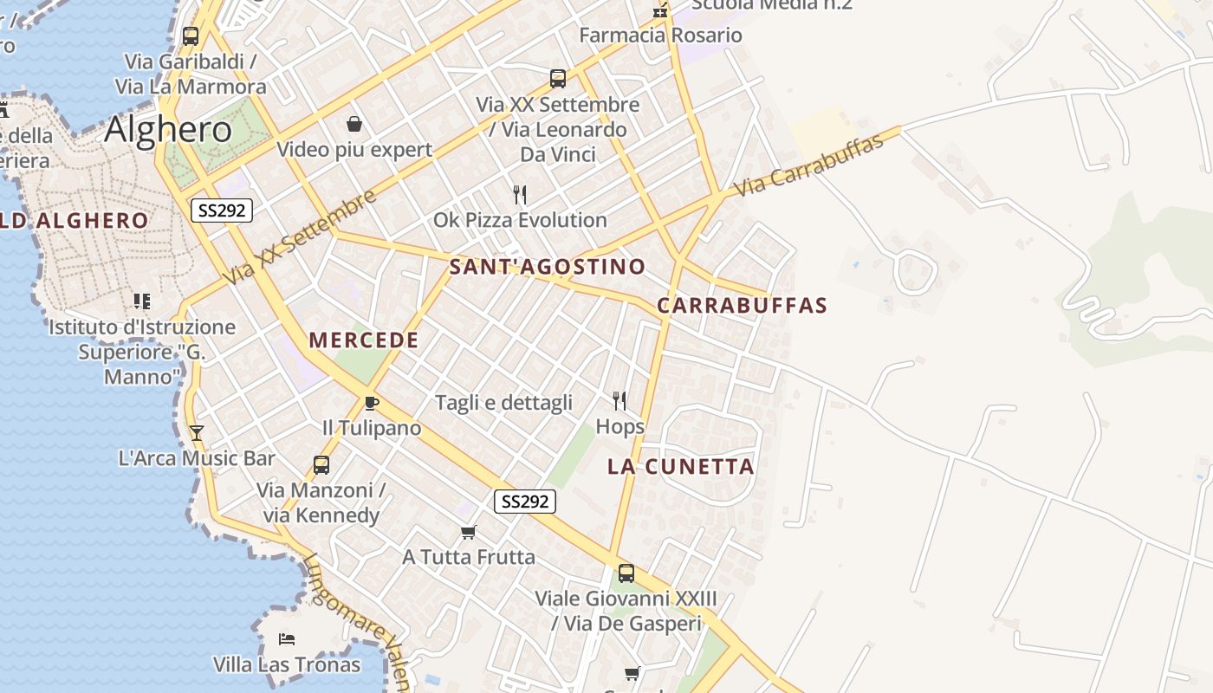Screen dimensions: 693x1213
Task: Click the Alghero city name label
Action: point(168,129)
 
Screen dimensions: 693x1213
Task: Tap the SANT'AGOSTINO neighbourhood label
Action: point(548,267)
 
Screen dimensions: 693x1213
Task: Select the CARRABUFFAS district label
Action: point(742,306)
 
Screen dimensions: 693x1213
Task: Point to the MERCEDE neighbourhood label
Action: point(364,340)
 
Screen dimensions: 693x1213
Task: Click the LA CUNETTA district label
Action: point(681,467)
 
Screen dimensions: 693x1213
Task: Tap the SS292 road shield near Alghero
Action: point(222,210)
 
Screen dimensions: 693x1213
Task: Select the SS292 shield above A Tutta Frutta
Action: point(526,501)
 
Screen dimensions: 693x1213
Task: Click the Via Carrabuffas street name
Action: point(808,165)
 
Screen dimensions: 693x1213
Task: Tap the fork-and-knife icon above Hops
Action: point(619,400)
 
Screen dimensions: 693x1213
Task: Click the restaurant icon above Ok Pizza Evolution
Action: point(520,194)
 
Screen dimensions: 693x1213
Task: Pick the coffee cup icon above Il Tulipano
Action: point(371,403)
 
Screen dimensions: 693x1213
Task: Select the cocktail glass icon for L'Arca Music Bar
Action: point(197,432)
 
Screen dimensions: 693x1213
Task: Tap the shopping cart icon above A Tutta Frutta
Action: point(469,532)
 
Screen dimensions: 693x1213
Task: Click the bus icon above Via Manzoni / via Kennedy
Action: point(321,465)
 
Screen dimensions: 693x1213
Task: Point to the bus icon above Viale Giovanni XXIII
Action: point(626,573)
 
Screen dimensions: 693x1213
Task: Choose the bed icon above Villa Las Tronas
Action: point(287,639)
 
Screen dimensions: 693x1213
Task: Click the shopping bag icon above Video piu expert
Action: point(354,124)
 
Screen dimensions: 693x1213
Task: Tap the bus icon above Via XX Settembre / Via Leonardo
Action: point(558,79)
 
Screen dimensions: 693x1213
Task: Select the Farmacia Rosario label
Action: point(660,36)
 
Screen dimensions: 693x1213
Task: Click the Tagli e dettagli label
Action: point(503,403)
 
